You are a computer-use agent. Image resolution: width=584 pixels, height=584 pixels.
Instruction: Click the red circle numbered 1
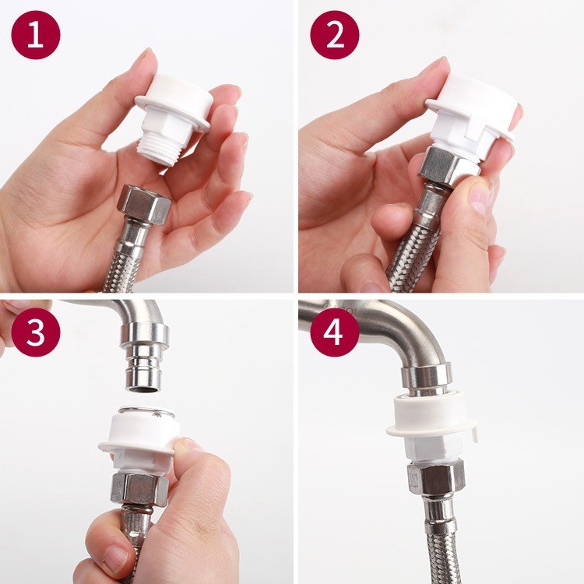[35, 35]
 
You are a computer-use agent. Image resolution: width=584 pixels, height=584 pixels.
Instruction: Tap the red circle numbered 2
[335, 35]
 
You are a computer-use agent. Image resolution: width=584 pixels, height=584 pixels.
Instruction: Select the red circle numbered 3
[35, 332]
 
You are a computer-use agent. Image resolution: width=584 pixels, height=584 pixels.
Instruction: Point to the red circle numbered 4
[335, 332]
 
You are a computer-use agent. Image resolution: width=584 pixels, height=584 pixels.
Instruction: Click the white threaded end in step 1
[159, 151]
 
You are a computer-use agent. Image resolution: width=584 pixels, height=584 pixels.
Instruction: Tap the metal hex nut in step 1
[144, 204]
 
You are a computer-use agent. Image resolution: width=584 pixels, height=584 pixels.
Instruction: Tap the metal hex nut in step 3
[139, 489]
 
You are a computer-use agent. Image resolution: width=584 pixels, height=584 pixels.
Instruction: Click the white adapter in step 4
[431, 428]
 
